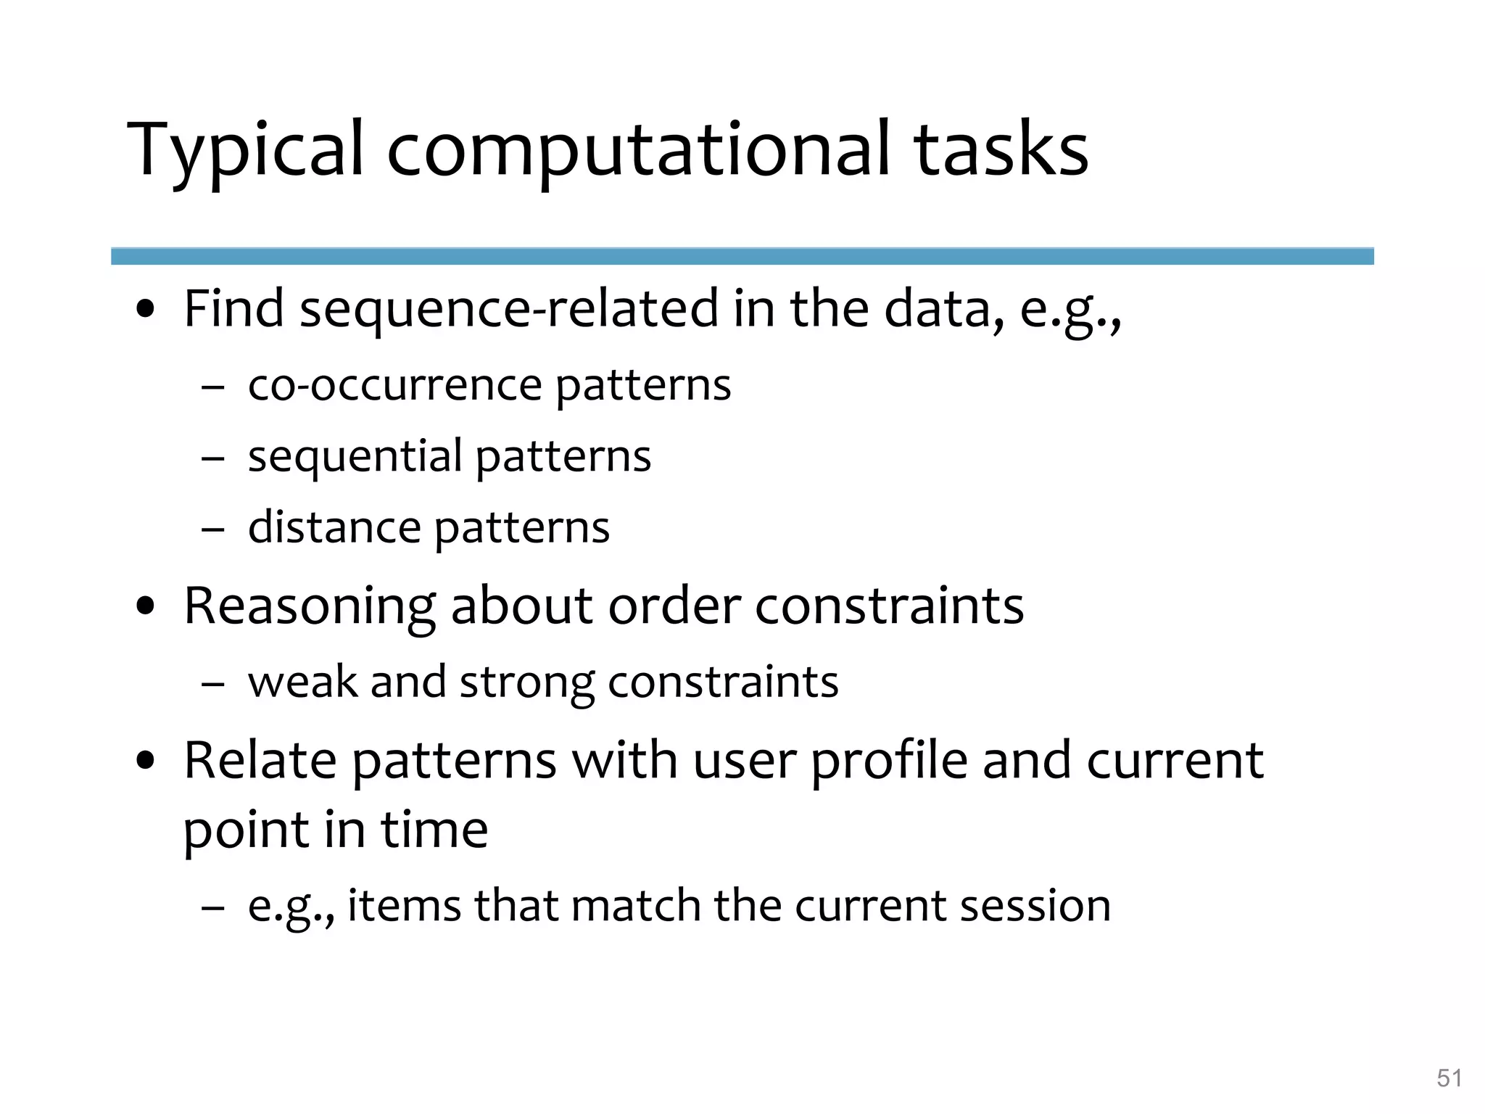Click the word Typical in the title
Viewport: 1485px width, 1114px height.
(245, 150)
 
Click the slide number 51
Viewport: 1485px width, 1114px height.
(1449, 1078)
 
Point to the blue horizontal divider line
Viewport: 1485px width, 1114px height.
(742, 256)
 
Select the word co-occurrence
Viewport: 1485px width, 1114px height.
(395, 384)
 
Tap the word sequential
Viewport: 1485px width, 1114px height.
(355, 457)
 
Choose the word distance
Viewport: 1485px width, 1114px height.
(334, 527)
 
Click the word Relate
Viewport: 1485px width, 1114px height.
(260, 760)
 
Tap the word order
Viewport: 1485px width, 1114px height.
(674, 606)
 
